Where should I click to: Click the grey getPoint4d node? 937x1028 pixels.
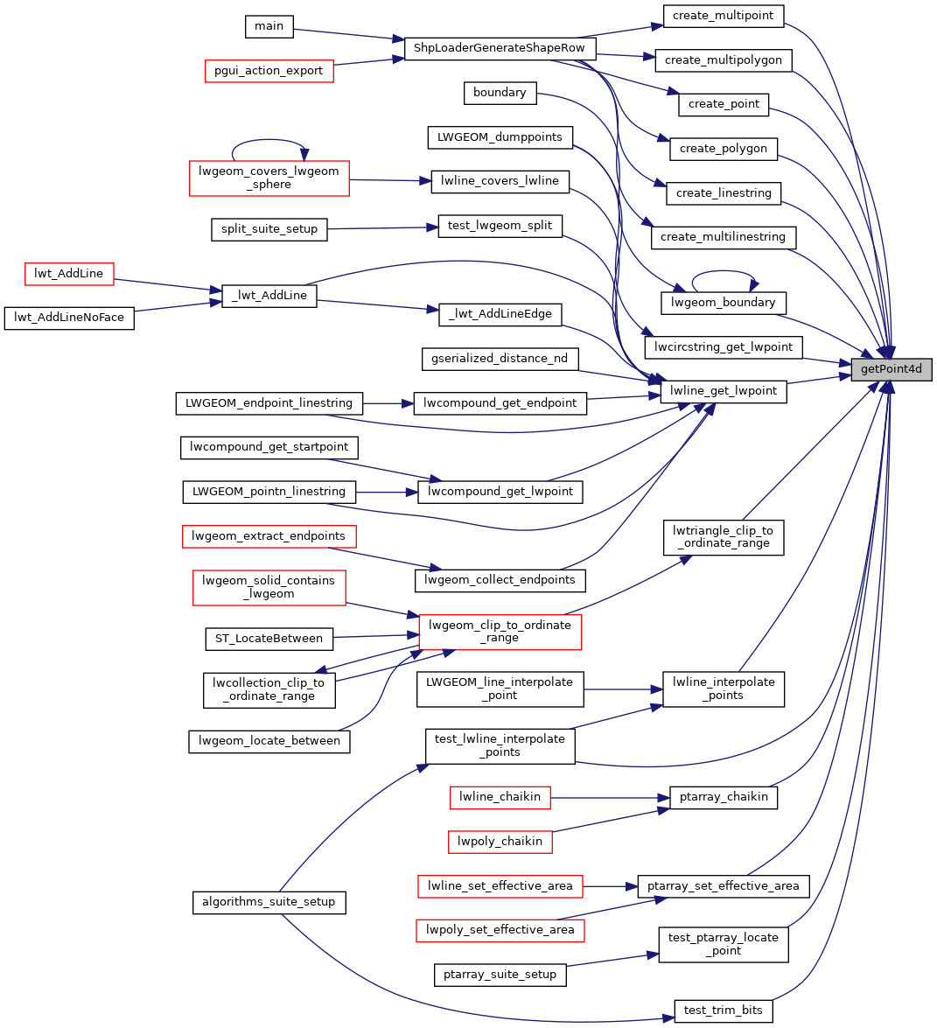tap(892, 369)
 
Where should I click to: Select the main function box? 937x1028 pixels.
tap(269, 26)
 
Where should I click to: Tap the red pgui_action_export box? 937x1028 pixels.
tap(269, 71)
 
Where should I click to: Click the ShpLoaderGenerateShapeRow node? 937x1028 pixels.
tap(499, 48)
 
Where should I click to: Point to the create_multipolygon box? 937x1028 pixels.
tap(724, 60)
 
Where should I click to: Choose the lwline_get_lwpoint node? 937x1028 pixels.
tap(724, 391)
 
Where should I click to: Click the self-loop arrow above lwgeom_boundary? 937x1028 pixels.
tap(724, 271)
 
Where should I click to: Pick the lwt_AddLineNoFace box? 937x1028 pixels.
tap(69, 318)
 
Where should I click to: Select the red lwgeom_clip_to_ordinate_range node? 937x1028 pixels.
tap(500, 632)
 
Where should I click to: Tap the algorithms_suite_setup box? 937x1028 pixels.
tap(269, 902)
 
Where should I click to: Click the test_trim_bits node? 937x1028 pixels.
tap(723, 1011)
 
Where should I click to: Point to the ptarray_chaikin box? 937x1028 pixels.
tap(724, 797)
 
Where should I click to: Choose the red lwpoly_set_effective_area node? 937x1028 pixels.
tap(500, 930)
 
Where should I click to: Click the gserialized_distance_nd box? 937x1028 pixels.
tap(499, 359)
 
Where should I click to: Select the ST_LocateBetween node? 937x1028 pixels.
tap(269, 639)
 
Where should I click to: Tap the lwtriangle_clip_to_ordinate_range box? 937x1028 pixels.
tap(723, 537)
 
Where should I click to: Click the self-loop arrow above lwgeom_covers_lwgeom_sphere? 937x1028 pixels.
tap(269, 140)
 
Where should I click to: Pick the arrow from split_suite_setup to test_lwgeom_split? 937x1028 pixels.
tap(381, 228)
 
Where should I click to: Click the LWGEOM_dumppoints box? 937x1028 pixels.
tap(500, 137)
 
